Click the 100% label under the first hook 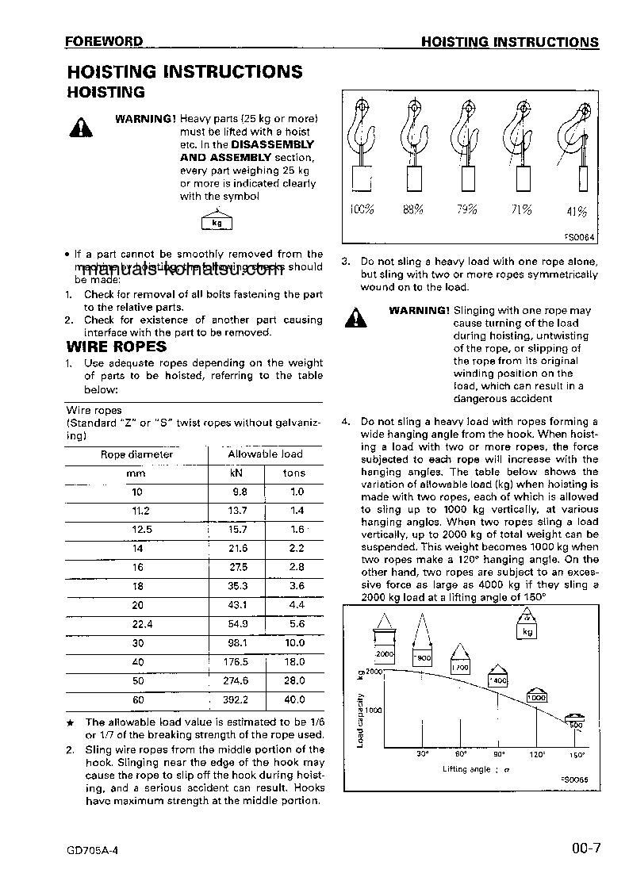pos(362,210)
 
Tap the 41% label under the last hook pos(577,211)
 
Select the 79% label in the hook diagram pos(466,210)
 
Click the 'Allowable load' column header pos(265,454)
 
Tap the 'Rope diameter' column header pos(136,454)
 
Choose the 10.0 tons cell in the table pos(294,643)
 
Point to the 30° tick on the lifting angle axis pos(422,755)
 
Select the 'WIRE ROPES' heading pos(116,347)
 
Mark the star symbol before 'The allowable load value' pos(70,722)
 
